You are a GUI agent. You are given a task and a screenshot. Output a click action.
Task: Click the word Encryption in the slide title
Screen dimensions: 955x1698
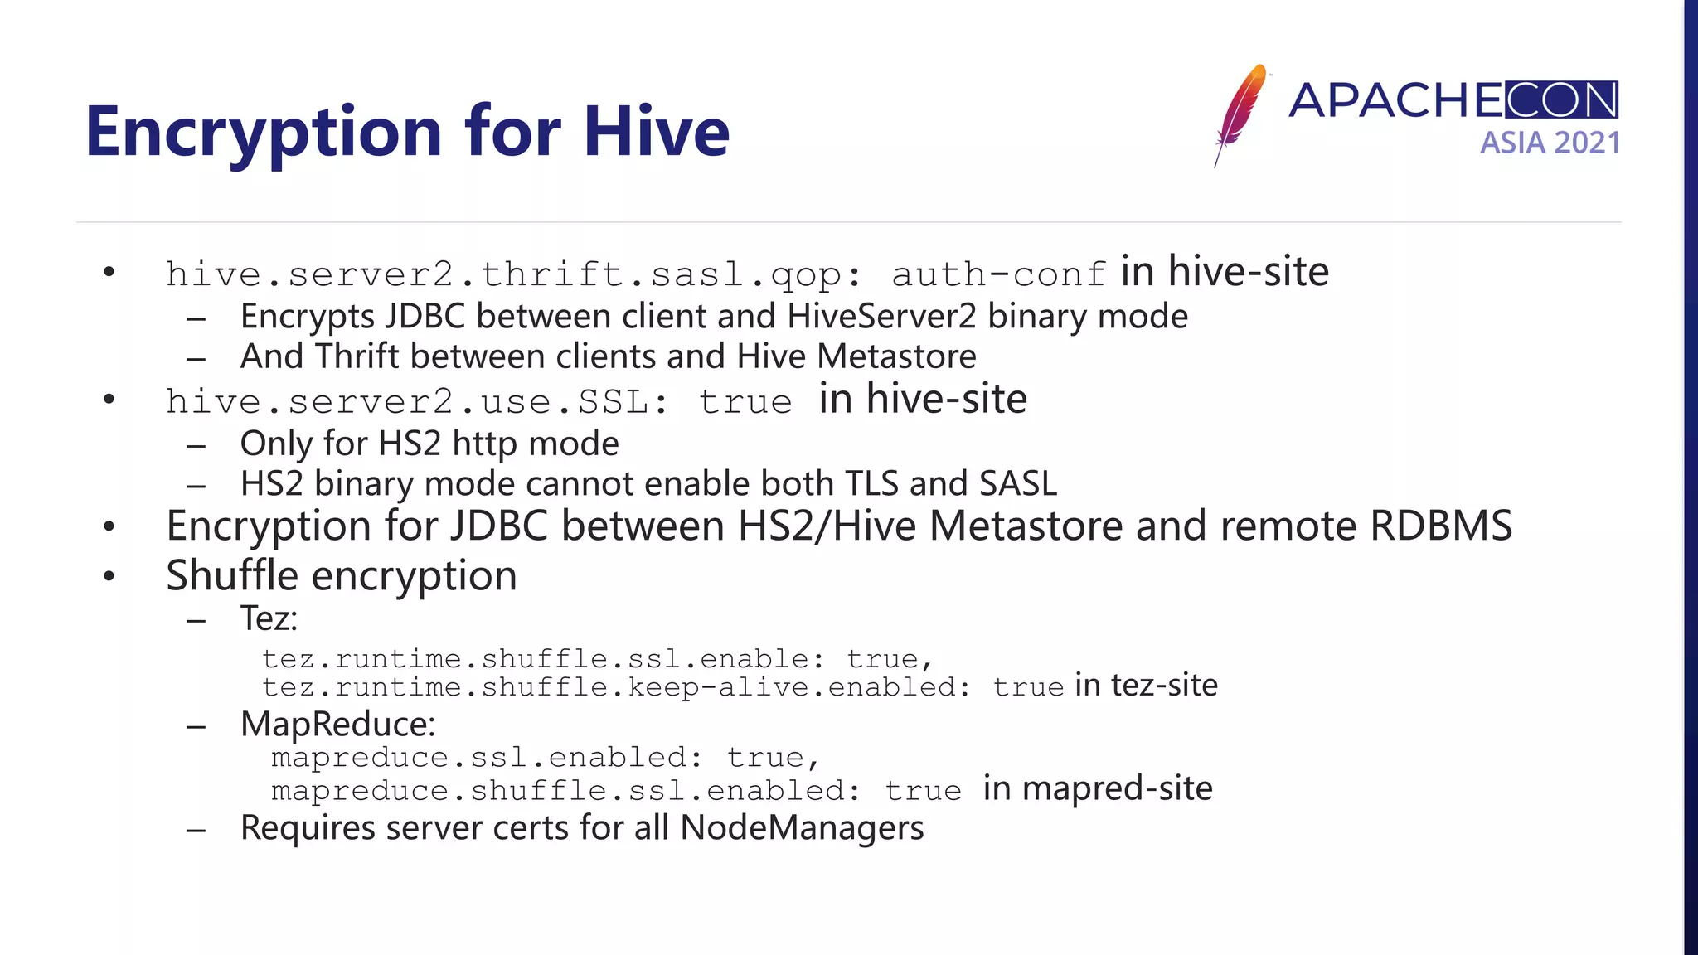[x=264, y=133]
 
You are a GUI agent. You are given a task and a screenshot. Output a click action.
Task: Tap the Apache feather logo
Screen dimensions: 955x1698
[x=1240, y=114]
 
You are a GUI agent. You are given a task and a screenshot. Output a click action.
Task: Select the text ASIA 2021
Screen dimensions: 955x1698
[x=1550, y=143]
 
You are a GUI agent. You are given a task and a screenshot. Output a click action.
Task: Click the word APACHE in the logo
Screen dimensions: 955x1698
[x=1395, y=100]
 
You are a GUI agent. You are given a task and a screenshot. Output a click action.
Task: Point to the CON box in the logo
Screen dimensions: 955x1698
[x=1561, y=100]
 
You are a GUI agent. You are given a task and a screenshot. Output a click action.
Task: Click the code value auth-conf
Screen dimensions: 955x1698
[x=998, y=274]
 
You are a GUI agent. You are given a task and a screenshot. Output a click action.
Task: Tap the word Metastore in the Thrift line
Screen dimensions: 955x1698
[x=896, y=356]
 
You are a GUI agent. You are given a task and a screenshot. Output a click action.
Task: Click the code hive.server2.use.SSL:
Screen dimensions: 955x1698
[x=417, y=402]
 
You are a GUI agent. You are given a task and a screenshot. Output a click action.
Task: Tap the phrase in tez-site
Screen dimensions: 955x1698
[x=1146, y=686]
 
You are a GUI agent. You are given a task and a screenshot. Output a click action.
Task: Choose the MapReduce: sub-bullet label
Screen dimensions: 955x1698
[x=337, y=725]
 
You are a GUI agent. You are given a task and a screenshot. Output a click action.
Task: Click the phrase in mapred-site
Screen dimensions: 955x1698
[x=1097, y=788]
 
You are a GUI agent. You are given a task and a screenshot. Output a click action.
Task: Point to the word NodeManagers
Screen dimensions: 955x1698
[x=802, y=828]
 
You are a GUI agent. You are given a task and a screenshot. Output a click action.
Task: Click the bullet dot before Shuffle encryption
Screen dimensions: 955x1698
[x=109, y=577]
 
